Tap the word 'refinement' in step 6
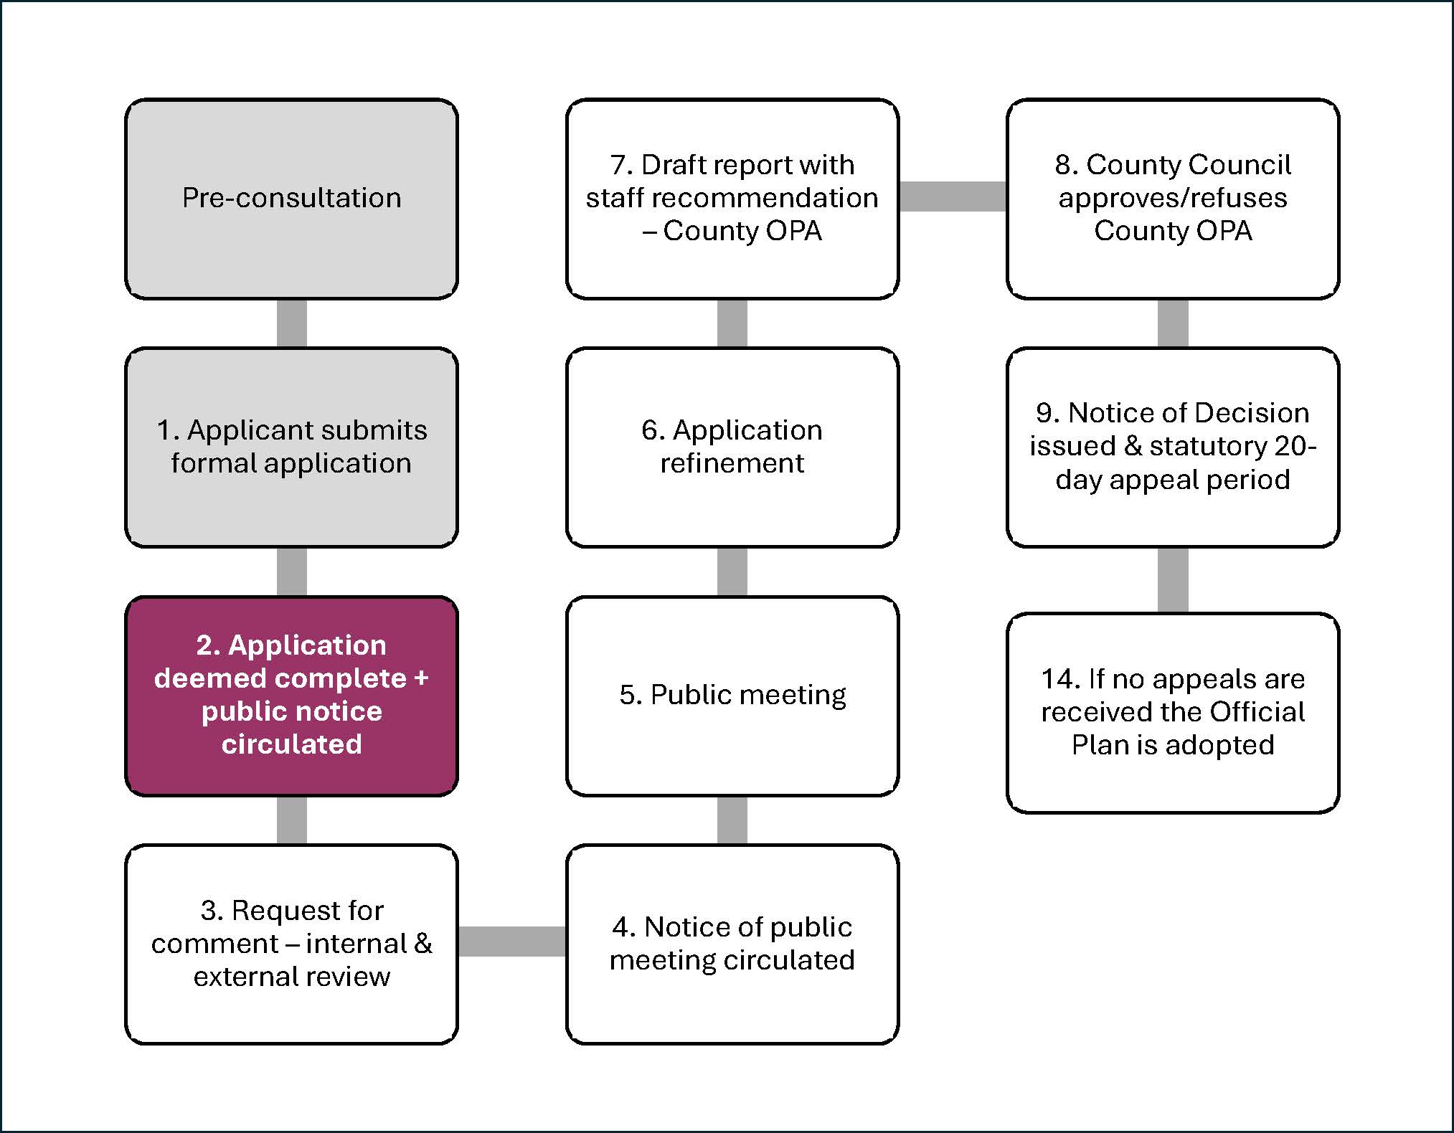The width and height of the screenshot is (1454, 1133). pyautogui.click(x=732, y=463)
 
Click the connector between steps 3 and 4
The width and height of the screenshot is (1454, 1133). pyautogui.click(x=511, y=942)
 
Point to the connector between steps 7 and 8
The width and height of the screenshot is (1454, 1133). pyautogui.click(x=952, y=196)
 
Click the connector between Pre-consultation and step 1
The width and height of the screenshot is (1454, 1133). pyautogui.click(x=291, y=323)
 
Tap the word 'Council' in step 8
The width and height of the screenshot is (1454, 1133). pyautogui.click(x=1239, y=165)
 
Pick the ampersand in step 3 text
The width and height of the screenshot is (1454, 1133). pyautogui.click(x=423, y=943)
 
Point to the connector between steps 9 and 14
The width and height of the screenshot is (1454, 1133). pyautogui.click(x=1172, y=579)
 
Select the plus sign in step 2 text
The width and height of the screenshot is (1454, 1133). pyautogui.click(x=421, y=678)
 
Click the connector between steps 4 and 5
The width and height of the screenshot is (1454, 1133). pyautogui.click(x=732, y=820)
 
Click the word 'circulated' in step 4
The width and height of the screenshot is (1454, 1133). pyautogui.click(x=797, y=960)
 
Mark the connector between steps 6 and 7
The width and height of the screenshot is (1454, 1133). pyautogui.click(x=732, y=323)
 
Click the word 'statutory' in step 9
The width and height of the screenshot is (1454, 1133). pyautogui.click(x=1208, y=446)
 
